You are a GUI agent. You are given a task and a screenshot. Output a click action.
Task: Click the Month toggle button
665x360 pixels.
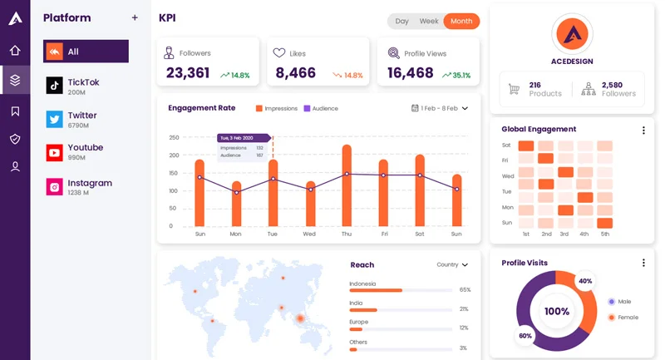click(461, 21)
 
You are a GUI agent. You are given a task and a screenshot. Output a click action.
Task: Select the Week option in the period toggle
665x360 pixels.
click(429, 21)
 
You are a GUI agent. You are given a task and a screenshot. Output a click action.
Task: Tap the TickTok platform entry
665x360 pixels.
click(83, 86)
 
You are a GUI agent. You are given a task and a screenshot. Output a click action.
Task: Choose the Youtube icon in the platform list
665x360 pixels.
click(55, 152)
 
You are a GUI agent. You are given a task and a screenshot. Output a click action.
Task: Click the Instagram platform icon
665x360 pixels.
click(55, 187)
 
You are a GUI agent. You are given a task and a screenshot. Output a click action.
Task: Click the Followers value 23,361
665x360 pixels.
click(188, 73)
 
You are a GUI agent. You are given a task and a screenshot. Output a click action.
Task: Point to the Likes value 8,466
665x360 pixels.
click(296, 73)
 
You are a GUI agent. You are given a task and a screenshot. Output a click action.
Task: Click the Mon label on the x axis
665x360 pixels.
click(235, 234)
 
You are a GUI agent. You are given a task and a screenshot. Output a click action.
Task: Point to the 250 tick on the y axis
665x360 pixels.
click(174, 137)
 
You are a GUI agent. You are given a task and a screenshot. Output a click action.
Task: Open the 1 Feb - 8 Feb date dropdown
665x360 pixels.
click(441, 108)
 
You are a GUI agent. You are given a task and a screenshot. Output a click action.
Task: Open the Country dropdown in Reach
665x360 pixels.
click(452, 264)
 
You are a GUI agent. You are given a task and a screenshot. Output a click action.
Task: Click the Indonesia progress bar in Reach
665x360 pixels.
click(376, 290)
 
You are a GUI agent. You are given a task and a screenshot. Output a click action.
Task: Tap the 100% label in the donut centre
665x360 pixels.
click(556, 312)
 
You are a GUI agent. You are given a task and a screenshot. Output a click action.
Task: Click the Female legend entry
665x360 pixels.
click(623, 317)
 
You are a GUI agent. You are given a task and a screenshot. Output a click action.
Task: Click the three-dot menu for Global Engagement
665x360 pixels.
click(643, 130)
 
